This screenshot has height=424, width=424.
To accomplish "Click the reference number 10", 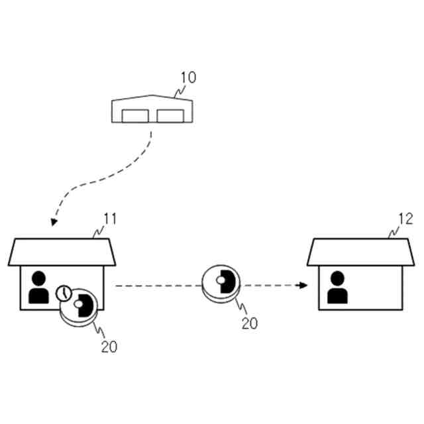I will (x=187, y=78).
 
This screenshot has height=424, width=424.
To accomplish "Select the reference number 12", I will (x=405, y=219).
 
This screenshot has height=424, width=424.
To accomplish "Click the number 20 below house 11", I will (x=109, y=346).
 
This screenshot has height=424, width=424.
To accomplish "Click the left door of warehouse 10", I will (x=136, y=116).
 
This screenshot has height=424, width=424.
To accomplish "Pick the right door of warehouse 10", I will (x=170, y=116).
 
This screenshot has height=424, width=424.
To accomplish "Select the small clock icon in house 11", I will (x=64, y=292).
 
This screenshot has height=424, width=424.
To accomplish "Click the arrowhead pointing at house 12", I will (x=302, y=286).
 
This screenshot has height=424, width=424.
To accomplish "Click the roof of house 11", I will (x=62, y=252).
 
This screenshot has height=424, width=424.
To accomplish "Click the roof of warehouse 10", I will (x=153, y=103).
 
